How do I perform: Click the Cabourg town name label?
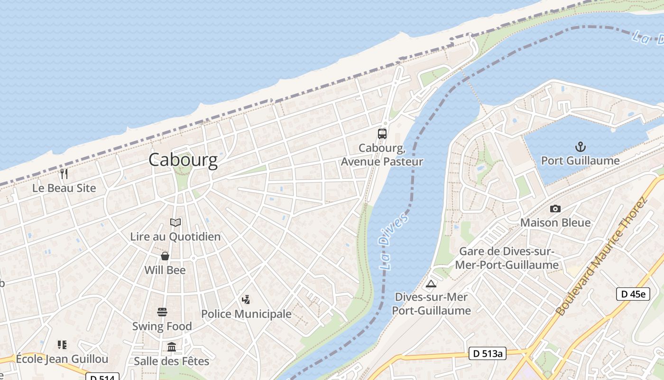(183, 160)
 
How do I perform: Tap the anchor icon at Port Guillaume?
(580, 147)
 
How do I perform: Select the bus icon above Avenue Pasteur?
(382, 134)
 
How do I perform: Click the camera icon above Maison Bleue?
(555, 209)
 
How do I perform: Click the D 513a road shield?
(488, 353)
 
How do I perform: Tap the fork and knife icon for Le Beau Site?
(65, 174)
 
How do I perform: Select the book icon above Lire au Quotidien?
(175, 222)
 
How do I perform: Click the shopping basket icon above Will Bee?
(165, 256)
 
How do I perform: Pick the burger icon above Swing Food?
(162, 312)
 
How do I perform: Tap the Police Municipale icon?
(246, 300)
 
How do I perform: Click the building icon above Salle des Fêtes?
(172, 347)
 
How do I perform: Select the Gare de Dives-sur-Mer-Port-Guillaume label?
(507, 258)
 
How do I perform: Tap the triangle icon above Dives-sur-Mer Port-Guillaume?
(431, 284)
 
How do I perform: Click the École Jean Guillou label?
(62, 359)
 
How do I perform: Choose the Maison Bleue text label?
(555, 222)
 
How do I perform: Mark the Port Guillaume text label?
(580, 161)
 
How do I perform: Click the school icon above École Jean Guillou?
(62, 345)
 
